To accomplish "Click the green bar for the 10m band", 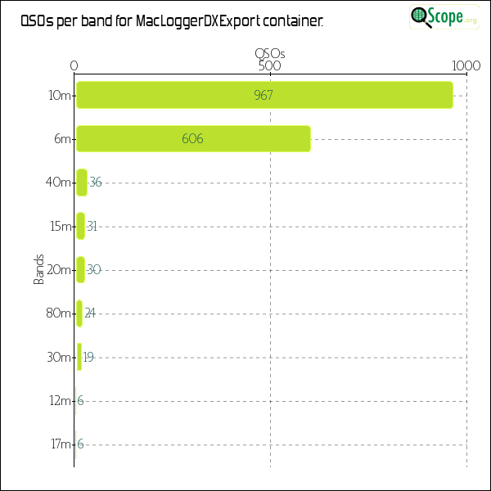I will pos(264,95).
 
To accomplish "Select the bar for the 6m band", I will pos(193,139).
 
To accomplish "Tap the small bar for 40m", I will pos(81,182).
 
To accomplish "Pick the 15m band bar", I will pos(80,226).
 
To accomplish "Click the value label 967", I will pos(264,95).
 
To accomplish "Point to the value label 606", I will pos(192,139).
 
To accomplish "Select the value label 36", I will pos(96,182).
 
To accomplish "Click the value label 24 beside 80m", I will pos(90,313).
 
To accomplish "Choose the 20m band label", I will pos(60,269).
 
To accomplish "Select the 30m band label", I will pos(60,357).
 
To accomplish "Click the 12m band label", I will pos(60,400).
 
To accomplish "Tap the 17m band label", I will pos(60,444).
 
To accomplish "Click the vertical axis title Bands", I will pos(38,269).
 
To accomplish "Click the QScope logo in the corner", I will pos(445,16).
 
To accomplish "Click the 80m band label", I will pos(60,313).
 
